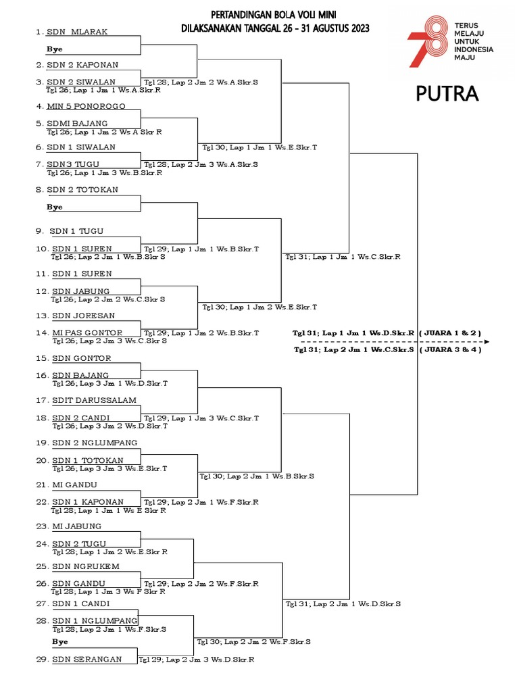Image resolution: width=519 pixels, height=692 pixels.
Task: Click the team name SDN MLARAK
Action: tap(77, 32)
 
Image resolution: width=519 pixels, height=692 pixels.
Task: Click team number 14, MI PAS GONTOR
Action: tap(87, 332)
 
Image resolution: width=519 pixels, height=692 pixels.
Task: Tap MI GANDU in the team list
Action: tap(74, 485)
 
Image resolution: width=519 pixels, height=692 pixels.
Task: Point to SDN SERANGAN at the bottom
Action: tap(87, 659)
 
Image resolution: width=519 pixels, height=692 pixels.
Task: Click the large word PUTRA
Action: tap(447, 94)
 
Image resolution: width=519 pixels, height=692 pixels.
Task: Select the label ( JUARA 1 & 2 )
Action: tap(449, 333)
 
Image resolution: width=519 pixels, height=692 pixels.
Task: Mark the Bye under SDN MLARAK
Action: tap(54, 49)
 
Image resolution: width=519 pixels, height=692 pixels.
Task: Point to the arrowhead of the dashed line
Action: tap(487, 342)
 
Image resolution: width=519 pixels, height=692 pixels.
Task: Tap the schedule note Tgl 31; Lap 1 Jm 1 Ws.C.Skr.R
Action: tap(343, 257)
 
